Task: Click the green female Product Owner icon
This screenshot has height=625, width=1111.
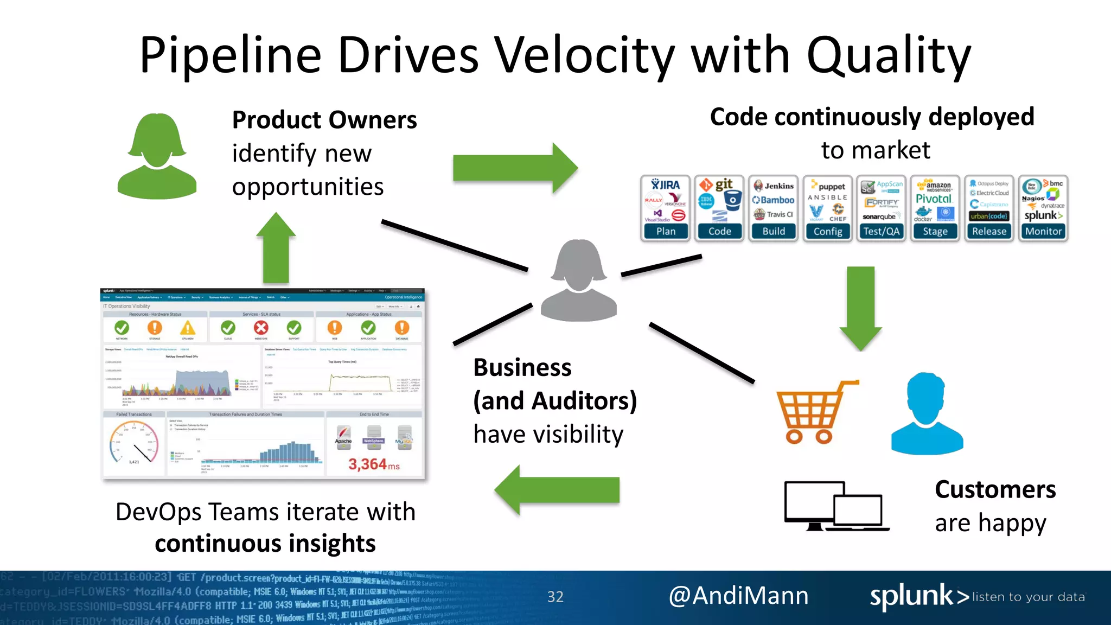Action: (x=157, y=157)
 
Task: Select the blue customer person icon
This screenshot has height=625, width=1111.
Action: (x=927, y=415)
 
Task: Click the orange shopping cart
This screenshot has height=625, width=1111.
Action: (x=814, y=412)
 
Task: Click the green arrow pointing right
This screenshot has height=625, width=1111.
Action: (x=515, y=168)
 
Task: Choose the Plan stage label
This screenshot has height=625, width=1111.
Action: (x=666, y=232)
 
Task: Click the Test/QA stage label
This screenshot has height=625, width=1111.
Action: (x=881, y=232)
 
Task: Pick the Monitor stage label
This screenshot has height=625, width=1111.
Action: (x=1043, y=232)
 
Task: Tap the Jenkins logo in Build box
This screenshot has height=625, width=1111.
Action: (x=774, y=186)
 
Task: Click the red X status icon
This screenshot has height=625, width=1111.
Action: (x=261, y=328)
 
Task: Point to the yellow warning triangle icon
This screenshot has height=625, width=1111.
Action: (x=188, y=328)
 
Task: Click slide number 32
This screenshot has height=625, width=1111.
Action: (x=555, y=597)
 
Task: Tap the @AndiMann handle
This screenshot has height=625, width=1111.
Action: (x=738, y=596)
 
